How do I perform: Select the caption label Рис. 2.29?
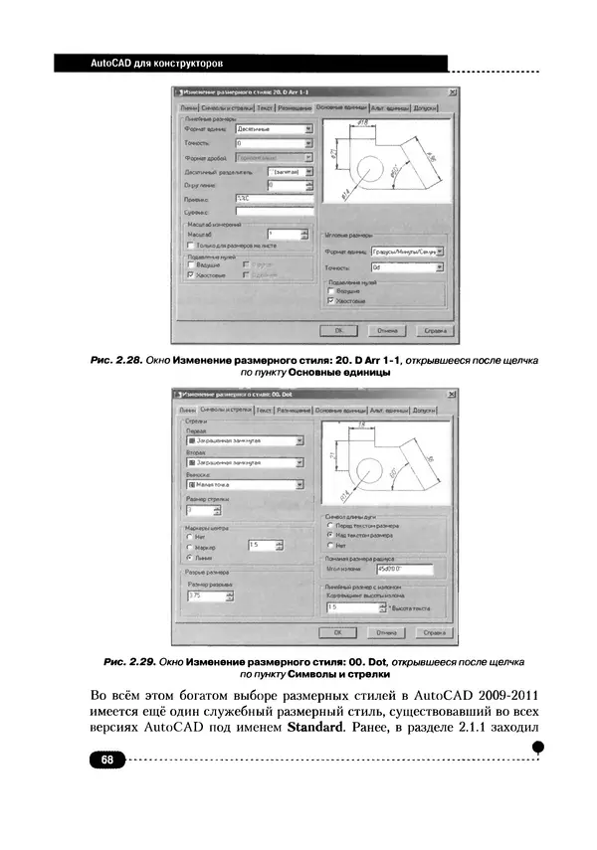tap(131, 661)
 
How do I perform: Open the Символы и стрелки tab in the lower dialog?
tap(225, 409)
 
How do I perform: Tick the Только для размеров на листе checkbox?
tap(191, 244)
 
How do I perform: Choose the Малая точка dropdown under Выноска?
tap(245, 485)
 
